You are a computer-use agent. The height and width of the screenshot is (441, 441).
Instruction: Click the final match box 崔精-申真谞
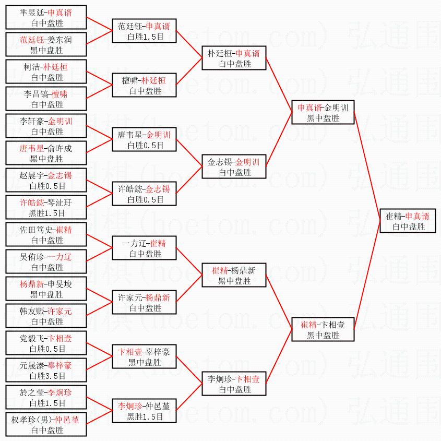point(407,221)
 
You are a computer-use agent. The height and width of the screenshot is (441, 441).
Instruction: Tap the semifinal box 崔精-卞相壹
point(323,329)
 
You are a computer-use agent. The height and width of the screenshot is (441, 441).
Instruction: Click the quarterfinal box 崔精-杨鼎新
point(234,276)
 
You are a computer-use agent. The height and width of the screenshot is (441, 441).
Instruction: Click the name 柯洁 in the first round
point(32,67)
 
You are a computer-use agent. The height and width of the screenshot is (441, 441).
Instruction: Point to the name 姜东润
point(60,40)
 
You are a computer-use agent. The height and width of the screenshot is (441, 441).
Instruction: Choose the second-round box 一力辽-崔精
point(145,248)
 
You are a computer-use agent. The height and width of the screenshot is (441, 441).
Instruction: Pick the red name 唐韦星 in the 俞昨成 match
point(31,149)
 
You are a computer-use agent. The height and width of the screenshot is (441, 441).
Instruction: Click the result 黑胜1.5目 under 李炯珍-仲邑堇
point(145,417)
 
